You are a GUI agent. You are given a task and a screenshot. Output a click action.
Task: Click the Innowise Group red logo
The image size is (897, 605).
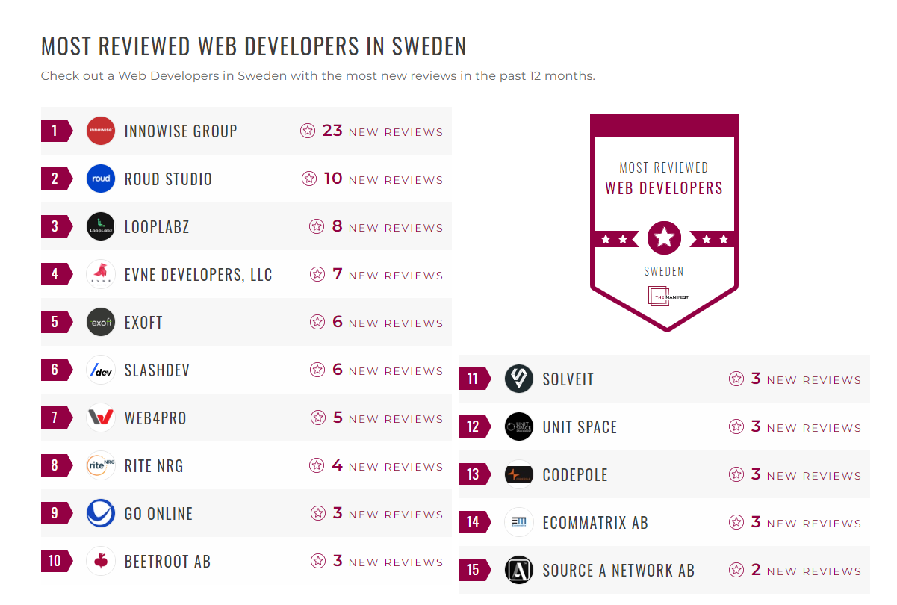click(100, 131)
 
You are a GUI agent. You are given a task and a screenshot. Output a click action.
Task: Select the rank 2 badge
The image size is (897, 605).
click(55, 179)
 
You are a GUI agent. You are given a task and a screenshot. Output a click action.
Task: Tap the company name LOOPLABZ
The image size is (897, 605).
click(157, 227)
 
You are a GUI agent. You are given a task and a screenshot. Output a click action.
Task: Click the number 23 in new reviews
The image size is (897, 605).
click(332, 131)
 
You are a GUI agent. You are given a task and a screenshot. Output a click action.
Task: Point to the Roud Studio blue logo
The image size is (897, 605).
click(100, 179)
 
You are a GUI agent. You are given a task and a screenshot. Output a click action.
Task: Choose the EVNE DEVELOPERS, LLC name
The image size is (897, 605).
click(198, 275)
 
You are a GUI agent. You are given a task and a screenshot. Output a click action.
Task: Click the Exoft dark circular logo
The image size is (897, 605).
click(100, 323)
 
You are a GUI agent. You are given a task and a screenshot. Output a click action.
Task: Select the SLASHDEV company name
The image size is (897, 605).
click(157, 370)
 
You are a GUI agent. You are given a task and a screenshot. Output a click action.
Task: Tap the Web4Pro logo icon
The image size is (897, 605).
click(100, 418)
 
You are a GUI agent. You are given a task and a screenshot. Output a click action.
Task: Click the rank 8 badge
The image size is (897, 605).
click(55, 466)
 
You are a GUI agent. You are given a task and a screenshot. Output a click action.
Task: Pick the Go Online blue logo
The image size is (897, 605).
click(100, 514)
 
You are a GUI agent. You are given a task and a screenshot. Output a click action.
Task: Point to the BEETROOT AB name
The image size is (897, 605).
click(167, 562)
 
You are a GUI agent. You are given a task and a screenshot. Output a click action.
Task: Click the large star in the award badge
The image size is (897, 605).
click(664, 238)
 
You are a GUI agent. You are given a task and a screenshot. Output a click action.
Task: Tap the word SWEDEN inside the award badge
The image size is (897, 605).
click(664, 271)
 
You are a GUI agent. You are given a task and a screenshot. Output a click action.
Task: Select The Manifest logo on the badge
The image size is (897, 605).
click(667, 297)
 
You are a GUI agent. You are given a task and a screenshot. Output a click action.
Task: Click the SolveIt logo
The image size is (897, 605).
click(518, 379)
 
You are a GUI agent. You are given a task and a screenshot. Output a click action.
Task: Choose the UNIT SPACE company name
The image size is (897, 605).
click(580, 427)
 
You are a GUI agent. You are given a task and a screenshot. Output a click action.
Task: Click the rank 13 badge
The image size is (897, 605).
click(474, 474)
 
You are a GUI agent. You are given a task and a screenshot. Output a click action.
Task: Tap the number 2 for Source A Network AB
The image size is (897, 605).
click(756, 570)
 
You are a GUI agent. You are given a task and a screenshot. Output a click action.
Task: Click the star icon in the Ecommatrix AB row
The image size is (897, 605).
click(736, 523)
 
